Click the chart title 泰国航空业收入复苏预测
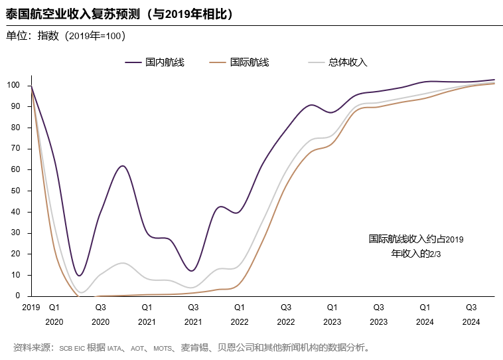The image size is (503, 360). [119, 14]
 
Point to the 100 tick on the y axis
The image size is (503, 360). [14, 85]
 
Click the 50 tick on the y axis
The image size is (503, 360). [16, 191]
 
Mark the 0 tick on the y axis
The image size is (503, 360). [19, 296]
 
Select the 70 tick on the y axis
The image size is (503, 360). [16, 148]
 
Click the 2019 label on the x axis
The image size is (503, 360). [31, 308]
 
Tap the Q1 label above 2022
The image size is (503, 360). [240, 308]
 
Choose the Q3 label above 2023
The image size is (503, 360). [378, 308]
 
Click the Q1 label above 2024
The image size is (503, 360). [425, 308]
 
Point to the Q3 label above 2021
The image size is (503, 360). [193, 308]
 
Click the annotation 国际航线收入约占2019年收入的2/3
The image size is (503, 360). [416, 246]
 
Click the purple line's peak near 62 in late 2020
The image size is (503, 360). [122, 166]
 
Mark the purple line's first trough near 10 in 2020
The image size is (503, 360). [80, 276]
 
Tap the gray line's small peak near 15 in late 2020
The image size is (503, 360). [122, 263]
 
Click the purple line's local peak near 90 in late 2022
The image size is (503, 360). [312, 105]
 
